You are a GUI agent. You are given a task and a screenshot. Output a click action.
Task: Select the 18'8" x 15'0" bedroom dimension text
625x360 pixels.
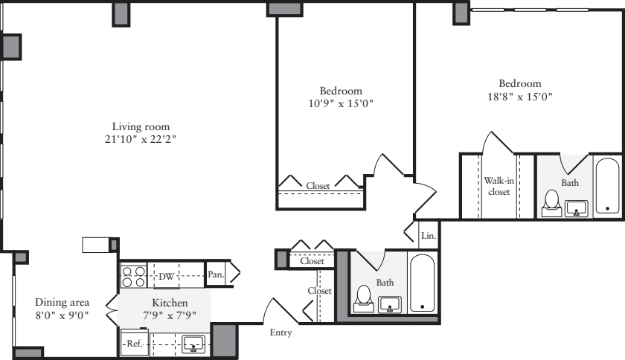(x=520, y=97)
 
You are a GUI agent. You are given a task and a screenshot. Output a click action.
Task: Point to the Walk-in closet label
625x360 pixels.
(x=498, y=186)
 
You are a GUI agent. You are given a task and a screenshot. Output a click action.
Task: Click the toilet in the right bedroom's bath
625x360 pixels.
(x=552, y=202)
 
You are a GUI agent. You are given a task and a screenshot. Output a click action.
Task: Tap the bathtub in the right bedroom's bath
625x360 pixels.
(x=607, y=187)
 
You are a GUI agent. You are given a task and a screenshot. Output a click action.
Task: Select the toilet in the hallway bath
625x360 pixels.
(x=364, y=297)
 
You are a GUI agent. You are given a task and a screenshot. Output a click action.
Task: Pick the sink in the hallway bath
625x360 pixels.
(x=391, y=304)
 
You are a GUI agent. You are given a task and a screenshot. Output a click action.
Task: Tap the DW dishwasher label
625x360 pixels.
(x=167, y=277)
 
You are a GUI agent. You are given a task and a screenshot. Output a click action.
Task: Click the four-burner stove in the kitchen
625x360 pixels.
(x=133, y=277)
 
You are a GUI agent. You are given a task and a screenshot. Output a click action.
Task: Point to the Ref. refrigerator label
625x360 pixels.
(x=134, y=344)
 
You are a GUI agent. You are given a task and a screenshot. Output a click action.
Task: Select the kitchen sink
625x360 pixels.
(x=194, y=344)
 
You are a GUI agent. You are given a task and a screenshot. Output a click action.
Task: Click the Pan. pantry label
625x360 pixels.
(x=216, y=274)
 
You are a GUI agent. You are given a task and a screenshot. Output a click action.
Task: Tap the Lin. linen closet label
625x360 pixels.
(x=428, y=235)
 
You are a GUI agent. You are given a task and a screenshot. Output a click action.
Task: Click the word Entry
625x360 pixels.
(x=281, y=332)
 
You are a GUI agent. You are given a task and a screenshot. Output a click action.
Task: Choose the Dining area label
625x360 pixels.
(x=62, y=302)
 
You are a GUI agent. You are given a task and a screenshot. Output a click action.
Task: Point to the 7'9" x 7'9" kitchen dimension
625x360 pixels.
(x=170, y=314)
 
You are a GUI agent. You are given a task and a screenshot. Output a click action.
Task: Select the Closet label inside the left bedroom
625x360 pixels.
(x=319, y=185)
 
